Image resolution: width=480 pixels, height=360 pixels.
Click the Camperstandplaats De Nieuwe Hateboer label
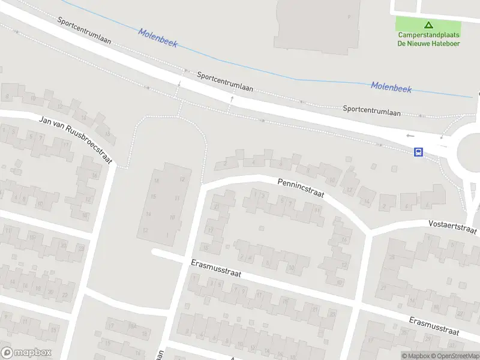coord(428,38)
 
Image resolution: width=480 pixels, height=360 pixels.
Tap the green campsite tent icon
coord(428,25)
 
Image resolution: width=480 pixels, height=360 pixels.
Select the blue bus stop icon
coord(419,152)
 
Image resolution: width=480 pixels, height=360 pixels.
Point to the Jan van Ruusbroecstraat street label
coord(67,134)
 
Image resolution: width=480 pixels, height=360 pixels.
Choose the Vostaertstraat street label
coord(452,226)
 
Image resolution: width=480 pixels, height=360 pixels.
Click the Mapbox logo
coord(26,353)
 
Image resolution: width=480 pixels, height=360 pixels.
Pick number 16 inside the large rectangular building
coord(157,180)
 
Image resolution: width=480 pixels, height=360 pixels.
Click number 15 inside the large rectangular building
coord(154,197)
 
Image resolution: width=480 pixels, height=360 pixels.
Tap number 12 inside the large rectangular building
coord(182,179)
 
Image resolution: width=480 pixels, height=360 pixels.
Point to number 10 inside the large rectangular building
coord(172,217)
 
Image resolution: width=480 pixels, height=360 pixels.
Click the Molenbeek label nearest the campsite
coord(391,87)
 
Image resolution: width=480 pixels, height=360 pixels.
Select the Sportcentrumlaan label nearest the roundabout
coord(372,110)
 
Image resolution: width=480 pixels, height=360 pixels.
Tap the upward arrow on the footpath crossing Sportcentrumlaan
coord(231,98)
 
